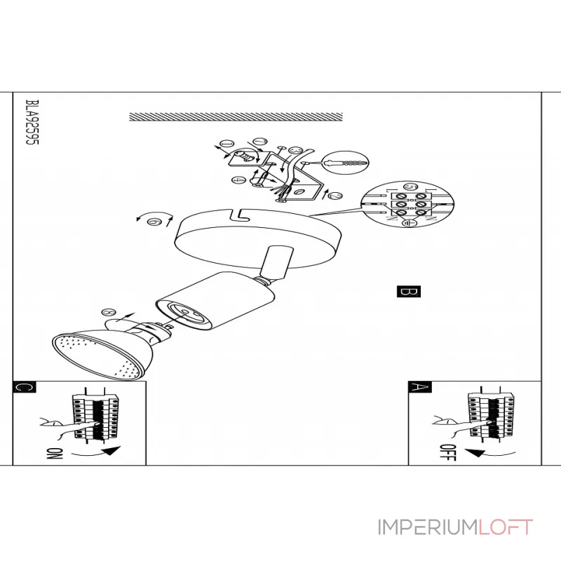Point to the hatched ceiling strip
click(237, 116)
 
